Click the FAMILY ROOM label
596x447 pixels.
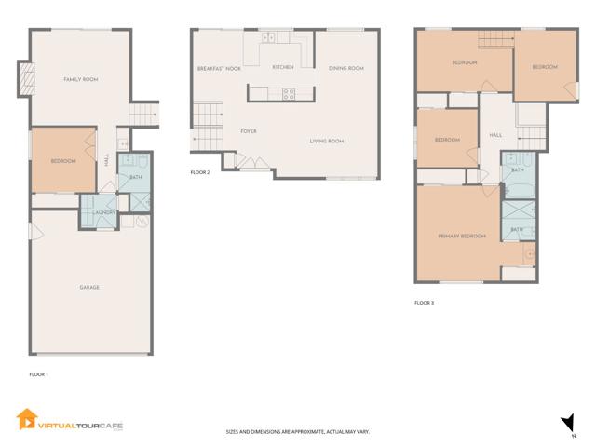click(80, 80)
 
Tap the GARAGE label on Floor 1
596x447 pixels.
click(88, 287)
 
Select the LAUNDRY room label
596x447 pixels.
click(103, 212)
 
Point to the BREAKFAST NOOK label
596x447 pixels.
click(220, 69)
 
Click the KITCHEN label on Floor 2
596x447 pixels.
click(283, 67)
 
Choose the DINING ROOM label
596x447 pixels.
click(345, 68)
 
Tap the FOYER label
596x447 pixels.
click(249, 131)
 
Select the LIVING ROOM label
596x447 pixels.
click(327, 141)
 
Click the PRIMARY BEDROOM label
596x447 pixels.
click(462, 236)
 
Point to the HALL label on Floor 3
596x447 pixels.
click(495, 135)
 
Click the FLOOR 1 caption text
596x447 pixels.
click(39, 373)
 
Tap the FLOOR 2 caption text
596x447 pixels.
click(200, 172)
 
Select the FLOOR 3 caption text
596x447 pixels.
click(424, 303)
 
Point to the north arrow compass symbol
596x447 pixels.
click(564, 425)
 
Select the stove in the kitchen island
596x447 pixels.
click(289, 92)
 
